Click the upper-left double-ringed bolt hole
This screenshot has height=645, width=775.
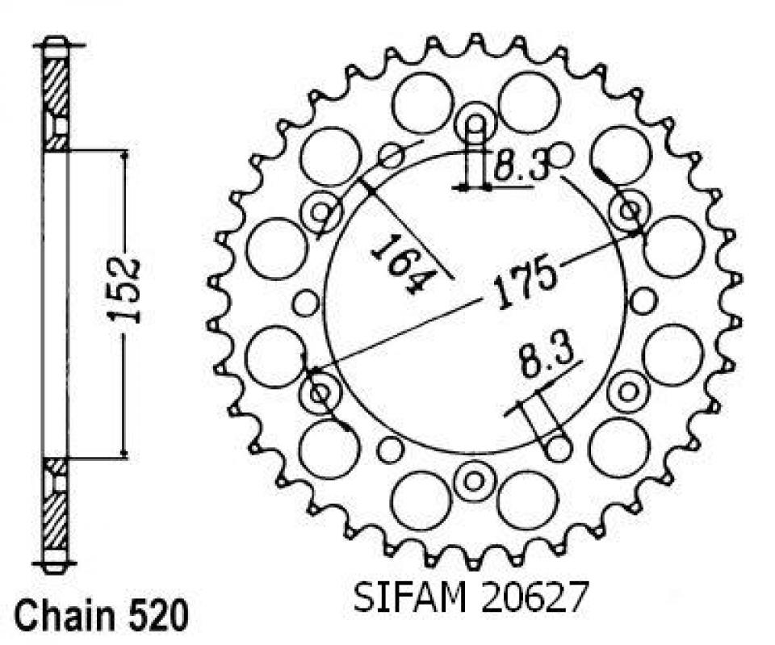point(322,212)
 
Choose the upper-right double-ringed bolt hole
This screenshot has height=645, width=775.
point(629,212)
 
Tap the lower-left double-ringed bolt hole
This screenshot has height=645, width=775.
point(320,394)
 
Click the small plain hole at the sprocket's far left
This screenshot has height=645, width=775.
point(306,304)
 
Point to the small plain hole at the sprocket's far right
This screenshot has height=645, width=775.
point(643,302)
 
